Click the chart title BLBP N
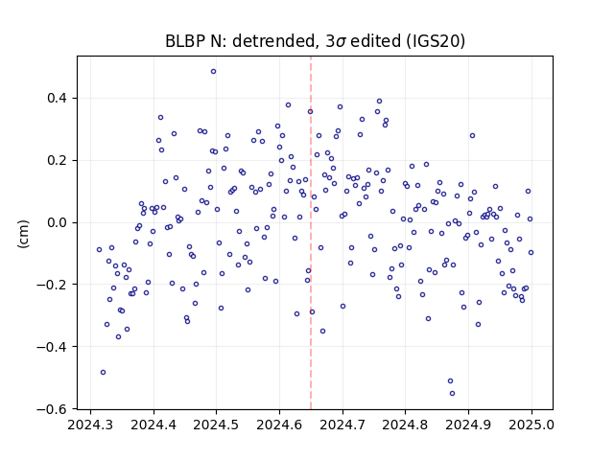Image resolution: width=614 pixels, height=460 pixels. pyautogui.click(x=194, y=41)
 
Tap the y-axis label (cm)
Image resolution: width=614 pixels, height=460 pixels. pyautogui.click(x=23, y=234)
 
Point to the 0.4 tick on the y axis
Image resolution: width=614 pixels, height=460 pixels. pyautogui.click(x=57, y=98)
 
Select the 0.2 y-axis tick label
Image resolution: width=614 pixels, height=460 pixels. pyautogui.click(x=57, y=160)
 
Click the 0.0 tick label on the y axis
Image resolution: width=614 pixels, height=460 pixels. pyautogui.click(x=57, y=222)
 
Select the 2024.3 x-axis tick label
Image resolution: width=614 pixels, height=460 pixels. pyautogui.click(x=90, y=425)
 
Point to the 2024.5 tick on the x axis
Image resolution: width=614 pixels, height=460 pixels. pyautogui.click(x=216, y=425)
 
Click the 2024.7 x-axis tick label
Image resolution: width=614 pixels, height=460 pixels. pyautogui.click(x=342, y=425)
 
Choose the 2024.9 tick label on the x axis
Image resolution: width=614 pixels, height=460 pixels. pyautogui.click(x=468, y=425)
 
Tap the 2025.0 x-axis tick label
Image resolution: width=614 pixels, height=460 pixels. pyautogui.click(x=531, y=425)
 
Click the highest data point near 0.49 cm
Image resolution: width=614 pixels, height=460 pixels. pyautogui.click(x=213, y=72)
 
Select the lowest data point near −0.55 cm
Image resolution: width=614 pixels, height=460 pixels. pyautogui.click(x=452, y=394)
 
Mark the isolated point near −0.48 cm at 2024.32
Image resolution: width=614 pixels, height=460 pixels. pyautogui.click(x=103, y=373)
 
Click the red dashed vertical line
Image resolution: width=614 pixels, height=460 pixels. pyautogui.click(x=311, y=233)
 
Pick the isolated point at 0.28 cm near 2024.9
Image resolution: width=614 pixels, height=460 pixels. pyautogui.click(x=472, y=136)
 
